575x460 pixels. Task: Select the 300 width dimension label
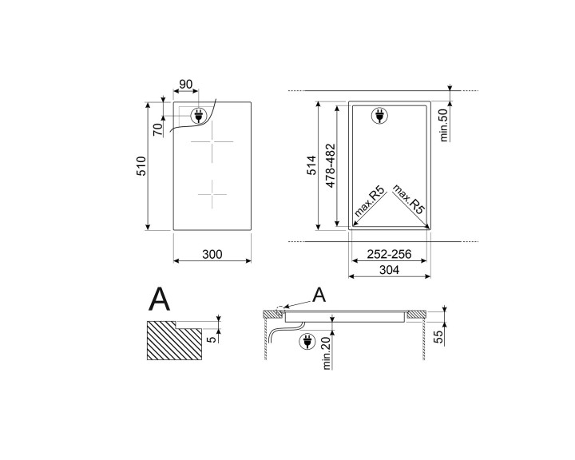[x=212, y=255]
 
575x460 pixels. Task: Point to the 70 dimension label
[x=158, y=128]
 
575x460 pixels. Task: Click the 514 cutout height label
[x=311, y=166]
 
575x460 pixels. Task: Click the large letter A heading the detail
[x=161, y=299]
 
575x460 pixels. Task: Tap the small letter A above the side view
[x=319, y=295]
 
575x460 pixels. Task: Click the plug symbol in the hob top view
[x=199, y=116]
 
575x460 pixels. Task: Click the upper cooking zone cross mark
[x=212, y=143]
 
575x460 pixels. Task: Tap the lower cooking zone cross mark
[x=212, y=192]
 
